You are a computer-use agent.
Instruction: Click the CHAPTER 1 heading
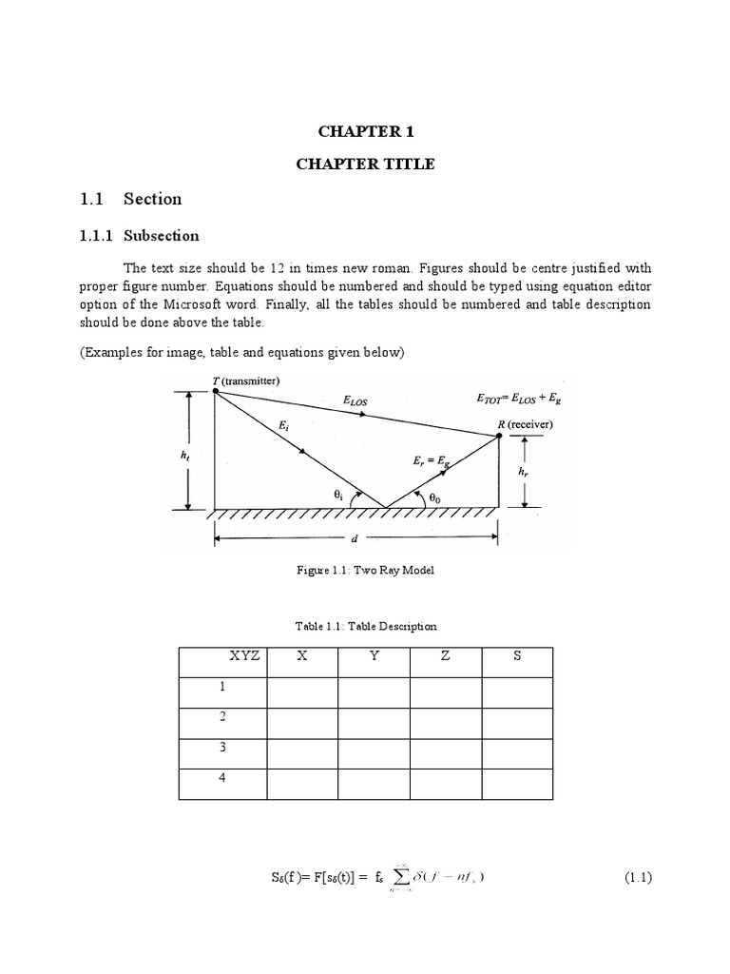pyautogui.click(x=365, y=131)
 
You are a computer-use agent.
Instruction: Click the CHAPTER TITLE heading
pyautogui.click(x=365, y=164)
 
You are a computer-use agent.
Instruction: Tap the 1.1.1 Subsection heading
pyautogui.click(x=139, y=235)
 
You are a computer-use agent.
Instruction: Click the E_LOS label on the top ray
pyautogui.click(x=355, y=401)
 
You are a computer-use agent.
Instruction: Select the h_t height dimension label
pyautogui.click(x=185, y=455)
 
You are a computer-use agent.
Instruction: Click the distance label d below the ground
pyautogui.click(x=354, y=538)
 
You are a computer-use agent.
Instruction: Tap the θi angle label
pyautogui.click(x=338, y=494)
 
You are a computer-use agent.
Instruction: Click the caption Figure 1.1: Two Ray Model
pyautogui.click(x=366, y=570)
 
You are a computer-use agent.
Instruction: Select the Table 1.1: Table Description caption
pyautogui.click(x=366, y=626)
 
